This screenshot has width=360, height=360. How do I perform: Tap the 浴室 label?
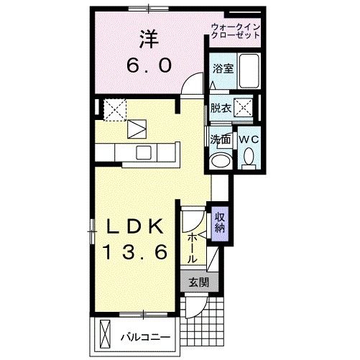click(221, 69)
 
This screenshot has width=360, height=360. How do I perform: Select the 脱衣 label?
click(221, 109)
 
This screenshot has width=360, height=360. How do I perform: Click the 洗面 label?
click(220, 139)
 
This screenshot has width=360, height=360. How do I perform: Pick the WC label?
click(248, 139)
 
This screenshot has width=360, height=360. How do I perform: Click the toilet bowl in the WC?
click(249, 156)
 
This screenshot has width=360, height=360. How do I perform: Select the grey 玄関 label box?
click(199, 282)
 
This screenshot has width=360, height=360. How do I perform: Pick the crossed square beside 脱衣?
click(244, 109)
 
